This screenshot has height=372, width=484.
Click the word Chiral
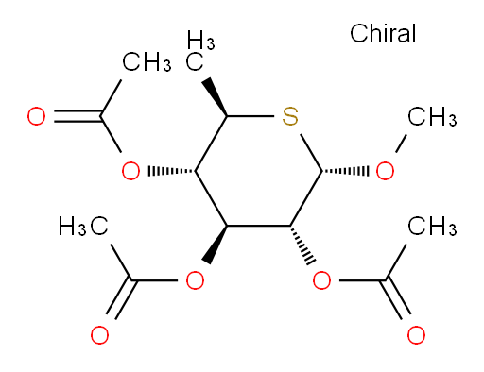(x=383, y=33)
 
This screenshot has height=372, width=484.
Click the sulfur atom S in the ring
(x=290, y=116)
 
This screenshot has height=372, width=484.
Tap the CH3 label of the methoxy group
(x=432, y=116)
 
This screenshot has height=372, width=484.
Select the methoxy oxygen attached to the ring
(x=385, y=171)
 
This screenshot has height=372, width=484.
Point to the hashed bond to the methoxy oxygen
(x=345, y=171)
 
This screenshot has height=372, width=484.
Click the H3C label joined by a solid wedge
(x=200, y=50)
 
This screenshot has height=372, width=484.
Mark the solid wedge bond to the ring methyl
(x=215, y=97)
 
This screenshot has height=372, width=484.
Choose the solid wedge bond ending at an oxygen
(x=216, y=245)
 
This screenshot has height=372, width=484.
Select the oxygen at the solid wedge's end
(x=195, y=280)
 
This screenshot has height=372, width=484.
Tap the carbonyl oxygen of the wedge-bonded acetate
(x=100, y=335)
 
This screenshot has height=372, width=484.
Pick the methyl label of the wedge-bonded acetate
(x=83, y=226)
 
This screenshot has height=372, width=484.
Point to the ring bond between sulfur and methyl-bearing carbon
(x=251, y=116)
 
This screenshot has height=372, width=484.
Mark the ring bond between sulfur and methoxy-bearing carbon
(x=311, y=153)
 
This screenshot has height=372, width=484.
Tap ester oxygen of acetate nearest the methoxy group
(x=321, y=280)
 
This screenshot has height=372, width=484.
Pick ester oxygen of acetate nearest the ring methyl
(x=130, y=171)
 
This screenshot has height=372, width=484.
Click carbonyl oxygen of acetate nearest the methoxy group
(x=416, y=335)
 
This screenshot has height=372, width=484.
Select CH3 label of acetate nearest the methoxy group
(x=432, y=226)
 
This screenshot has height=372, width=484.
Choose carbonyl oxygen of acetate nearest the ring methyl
(x=36, y=116)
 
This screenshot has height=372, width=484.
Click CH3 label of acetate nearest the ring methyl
(x=147, y=61)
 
